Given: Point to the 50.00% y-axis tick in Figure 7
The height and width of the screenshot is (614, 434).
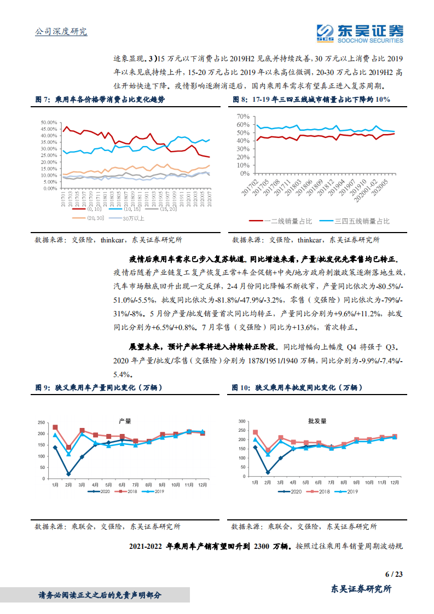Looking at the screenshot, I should click(49, 123).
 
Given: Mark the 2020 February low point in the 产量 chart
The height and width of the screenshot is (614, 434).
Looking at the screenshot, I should click(68, 474).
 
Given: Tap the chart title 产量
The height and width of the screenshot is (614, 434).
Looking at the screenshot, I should click(125, 421).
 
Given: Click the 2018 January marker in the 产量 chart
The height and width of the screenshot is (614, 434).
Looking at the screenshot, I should click(55, 427).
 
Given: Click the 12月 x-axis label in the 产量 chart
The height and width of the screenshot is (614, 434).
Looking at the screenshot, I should click(202, 485).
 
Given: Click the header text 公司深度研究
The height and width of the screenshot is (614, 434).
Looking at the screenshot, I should click(61, 31).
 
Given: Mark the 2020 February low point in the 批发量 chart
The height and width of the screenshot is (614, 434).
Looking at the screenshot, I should click(268, 472).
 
